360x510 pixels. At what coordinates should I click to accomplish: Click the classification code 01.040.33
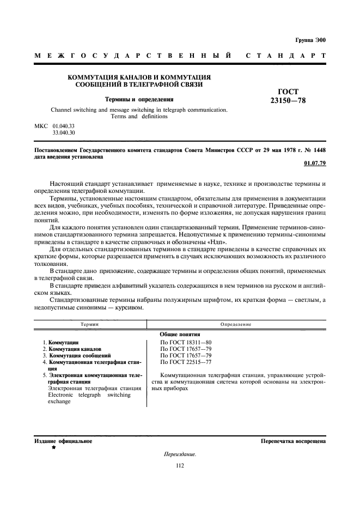64,126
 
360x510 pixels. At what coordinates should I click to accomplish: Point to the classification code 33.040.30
64,132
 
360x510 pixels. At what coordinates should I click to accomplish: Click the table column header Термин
89,324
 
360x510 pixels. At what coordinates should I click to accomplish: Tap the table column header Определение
235,324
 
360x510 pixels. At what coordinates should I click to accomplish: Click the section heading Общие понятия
180,334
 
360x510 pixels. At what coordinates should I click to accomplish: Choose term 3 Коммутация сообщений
77,355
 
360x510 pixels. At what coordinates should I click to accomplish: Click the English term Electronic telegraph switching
89,394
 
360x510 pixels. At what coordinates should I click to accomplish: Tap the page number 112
180,465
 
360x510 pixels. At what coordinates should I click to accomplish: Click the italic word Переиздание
180,454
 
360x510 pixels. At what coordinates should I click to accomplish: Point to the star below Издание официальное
53,447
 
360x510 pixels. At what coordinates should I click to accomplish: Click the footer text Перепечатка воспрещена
293,441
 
